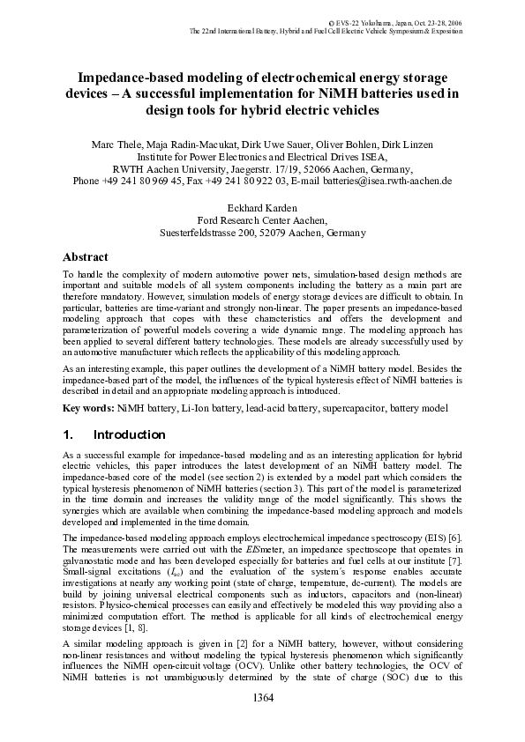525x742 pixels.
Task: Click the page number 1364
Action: click(262, 699)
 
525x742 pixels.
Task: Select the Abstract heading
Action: click(85, 257)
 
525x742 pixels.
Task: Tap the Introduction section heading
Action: click(129, 434)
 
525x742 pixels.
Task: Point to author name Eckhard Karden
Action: click(262, 209)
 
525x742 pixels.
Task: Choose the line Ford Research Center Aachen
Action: click(262, 221)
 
